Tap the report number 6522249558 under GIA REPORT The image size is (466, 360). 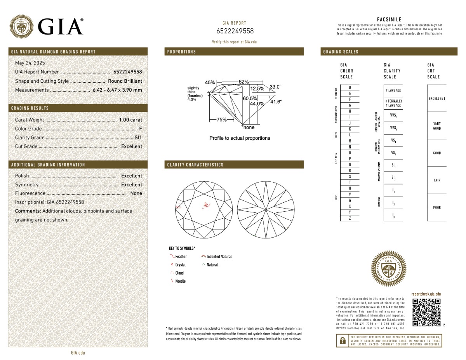(235, 31)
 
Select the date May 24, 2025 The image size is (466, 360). (30, 63)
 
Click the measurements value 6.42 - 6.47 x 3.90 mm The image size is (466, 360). (117, 90)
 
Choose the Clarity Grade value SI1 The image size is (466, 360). (138, 137)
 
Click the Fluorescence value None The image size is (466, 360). (136, 193)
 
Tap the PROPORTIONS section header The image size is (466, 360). (182, 52)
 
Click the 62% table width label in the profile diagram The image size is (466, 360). (243, 82)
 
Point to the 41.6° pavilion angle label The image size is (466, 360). (276, 102)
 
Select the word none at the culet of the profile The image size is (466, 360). (249, 127)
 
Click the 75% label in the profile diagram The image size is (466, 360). (221, 120)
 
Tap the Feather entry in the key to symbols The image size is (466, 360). (181, 256)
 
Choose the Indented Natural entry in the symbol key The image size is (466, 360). (219, 256)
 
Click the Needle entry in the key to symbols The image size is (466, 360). (180, 281)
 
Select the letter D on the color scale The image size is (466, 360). (350, 87)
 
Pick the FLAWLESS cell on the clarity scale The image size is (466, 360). (393, 91)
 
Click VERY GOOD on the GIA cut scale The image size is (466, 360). (436, 126)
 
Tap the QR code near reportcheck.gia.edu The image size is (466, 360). (426, 312)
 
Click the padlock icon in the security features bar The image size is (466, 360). (343, 341)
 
